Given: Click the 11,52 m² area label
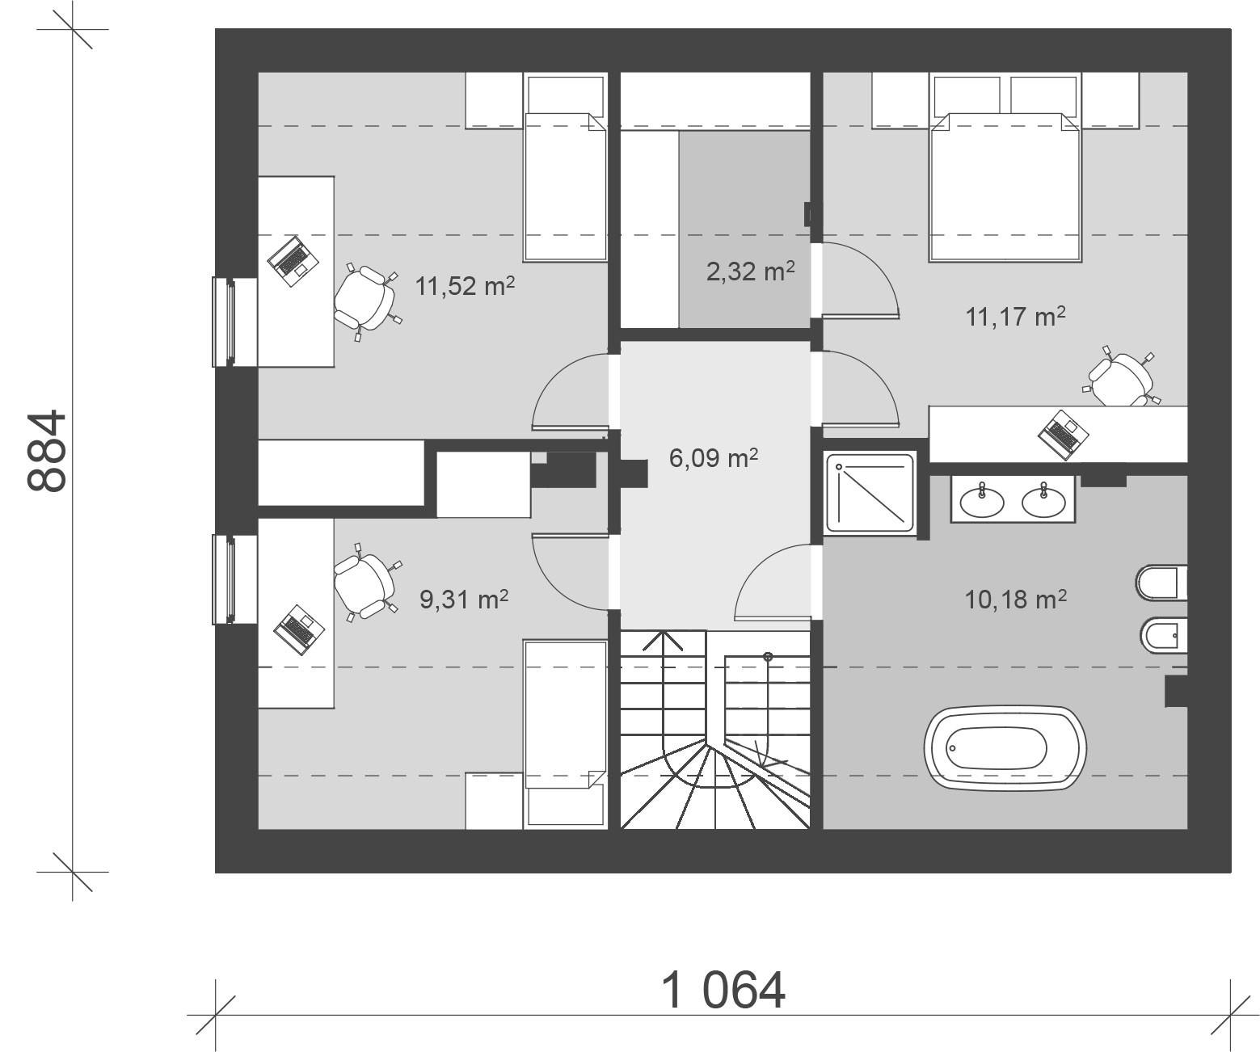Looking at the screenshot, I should (x=465, y=286).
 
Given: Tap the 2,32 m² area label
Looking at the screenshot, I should (x=751, y=271).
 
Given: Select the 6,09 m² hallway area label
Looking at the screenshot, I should (x=714, y=458).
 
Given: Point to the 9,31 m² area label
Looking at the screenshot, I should (x=464, y=600).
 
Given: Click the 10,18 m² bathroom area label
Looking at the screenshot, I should (x=1016, y=600).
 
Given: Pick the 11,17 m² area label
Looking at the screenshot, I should (x=1015, y=316).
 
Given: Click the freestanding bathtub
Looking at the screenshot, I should (x=1005, y=748).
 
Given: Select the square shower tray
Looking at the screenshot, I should (x=871, y=492).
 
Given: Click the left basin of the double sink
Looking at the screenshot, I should (x=982, y=501).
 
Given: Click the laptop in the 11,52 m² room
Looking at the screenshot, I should (x=291, y=258).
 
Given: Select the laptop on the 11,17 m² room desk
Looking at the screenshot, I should (x=1062, y=431).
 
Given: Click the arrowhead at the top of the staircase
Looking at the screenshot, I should (x=663, y=640).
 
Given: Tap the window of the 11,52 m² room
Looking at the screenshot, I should (x=224, y=321).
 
